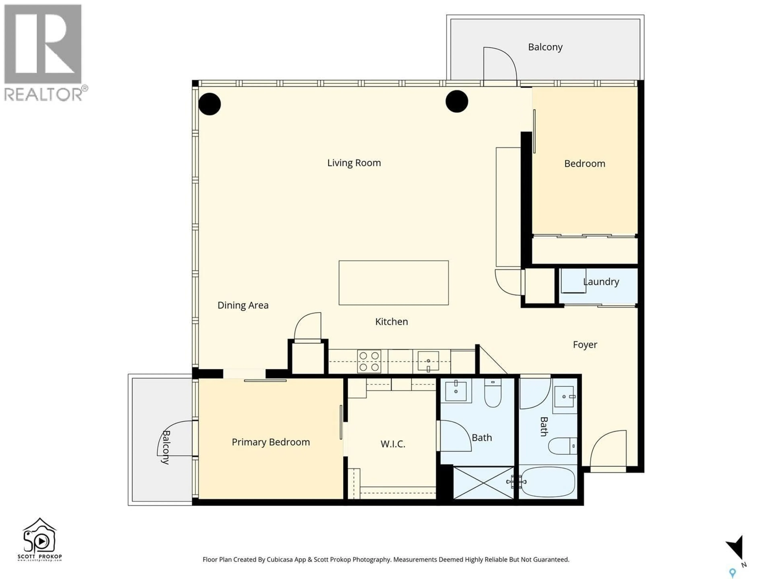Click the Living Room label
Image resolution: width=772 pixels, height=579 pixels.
354,163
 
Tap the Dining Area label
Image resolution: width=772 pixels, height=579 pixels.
243,305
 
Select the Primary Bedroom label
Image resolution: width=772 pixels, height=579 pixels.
271,442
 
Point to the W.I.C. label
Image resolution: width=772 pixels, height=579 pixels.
393,444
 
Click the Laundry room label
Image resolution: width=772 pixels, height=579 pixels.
601,282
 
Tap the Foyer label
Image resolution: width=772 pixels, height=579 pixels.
585,345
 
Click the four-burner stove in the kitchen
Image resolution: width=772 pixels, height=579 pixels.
369,361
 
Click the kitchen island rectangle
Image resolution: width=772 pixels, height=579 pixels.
393,283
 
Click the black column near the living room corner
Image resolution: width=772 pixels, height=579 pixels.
209,104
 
